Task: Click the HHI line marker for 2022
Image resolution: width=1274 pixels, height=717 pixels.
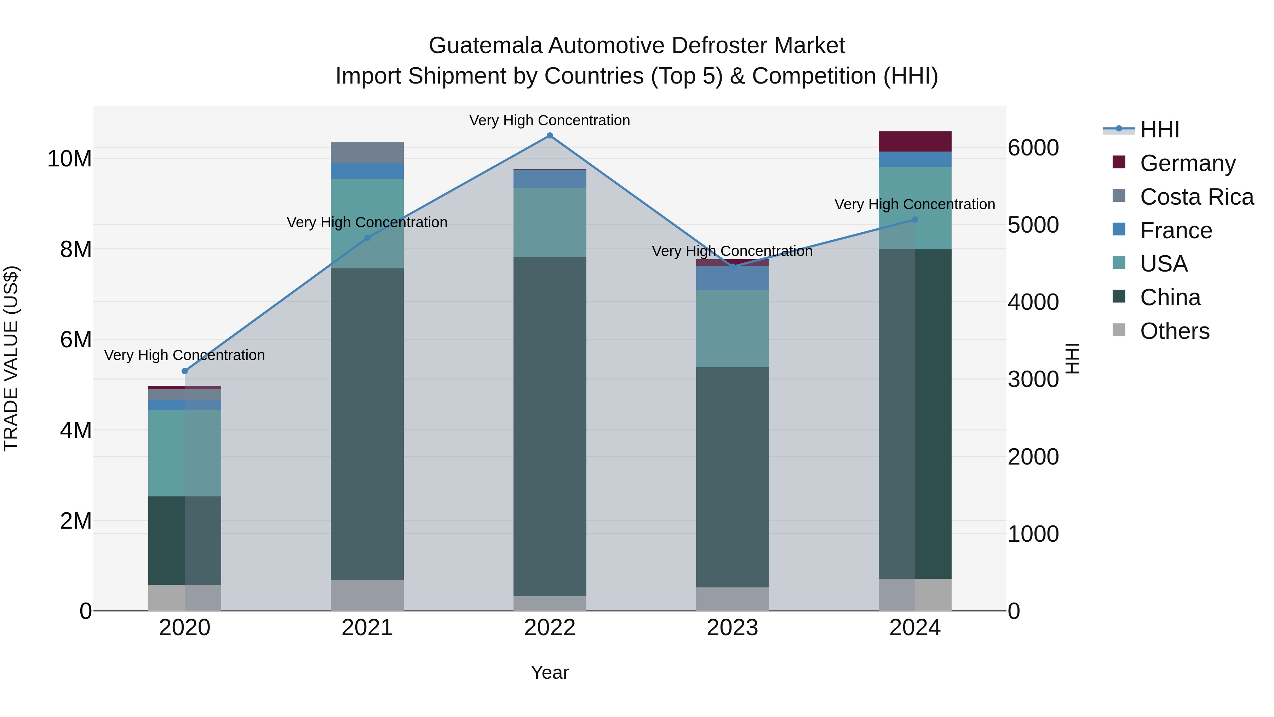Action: pyautogui.click(x=550, y=136)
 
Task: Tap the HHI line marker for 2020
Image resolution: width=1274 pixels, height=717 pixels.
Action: pyautogui.click(x=185, y=371)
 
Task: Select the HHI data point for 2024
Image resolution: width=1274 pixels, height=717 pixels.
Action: pyautogui.click(x=914, y=220)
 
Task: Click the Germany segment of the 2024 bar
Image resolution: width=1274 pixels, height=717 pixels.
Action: pyautogui.click(x=914, y=142)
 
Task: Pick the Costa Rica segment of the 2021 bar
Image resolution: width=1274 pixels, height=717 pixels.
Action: pyautogui.click(x=367, y=153)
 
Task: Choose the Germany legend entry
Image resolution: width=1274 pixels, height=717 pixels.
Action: pyautogui.click(x=1187, y=163)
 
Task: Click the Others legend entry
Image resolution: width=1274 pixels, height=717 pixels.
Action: pyautogui.click(x=1174, y=331)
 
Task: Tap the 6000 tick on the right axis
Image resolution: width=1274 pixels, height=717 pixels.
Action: pyautogui.click(x=1033, y=148)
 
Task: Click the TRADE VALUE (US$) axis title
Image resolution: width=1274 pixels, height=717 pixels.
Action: pyautogui.click(x=11, y=358)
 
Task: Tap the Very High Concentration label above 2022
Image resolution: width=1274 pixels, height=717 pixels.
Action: pyautogui.click(x=550, y=120)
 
